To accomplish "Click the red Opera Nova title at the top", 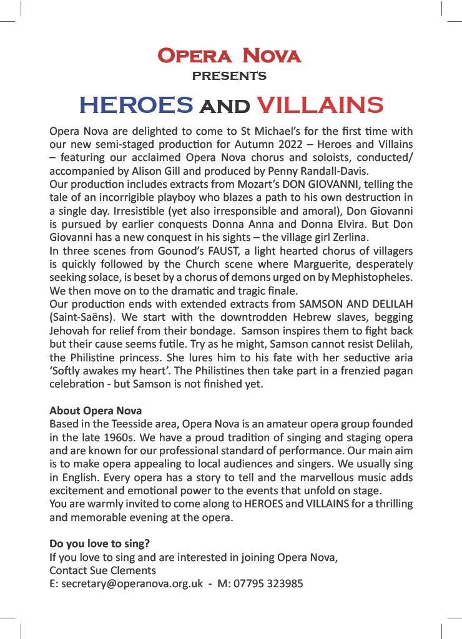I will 229,56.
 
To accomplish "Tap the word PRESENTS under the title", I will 229,77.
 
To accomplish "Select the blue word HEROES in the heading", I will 135,105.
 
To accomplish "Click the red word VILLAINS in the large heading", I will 320,105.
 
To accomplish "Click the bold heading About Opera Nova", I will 96,411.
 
